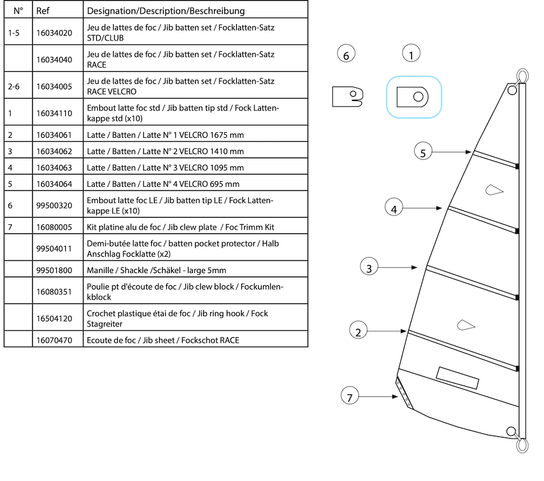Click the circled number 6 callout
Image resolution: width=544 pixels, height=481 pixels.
click(x=346, y=56)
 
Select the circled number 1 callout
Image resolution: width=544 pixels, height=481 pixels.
click(x=411, y=56)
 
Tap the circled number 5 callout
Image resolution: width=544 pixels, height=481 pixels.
click(x=423, y=152)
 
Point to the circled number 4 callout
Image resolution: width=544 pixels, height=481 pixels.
click(x=394, y=209)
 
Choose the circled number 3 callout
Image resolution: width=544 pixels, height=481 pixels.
click(x=369, y=266)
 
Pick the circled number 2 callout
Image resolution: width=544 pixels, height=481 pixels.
click(x=358, y=331)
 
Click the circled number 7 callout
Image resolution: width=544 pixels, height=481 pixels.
click(x=349, y=396)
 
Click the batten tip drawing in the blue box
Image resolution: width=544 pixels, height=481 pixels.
click(x=413, y=97)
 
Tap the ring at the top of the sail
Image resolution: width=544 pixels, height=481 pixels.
click(x=521, y=76)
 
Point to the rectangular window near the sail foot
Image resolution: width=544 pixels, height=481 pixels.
click(x=458, y=378)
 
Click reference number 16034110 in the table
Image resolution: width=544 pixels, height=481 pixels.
click(x=54, y=113)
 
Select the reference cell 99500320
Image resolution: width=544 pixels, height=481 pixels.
click(x=54, y=205)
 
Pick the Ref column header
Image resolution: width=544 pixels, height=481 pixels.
click(x=43, y=11)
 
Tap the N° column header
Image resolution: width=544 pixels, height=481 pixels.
click(x=18, y=11)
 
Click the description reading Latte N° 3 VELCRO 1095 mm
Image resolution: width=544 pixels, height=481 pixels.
click(x=165, y=167)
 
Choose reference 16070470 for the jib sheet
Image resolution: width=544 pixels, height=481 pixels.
click(x=54, y=340)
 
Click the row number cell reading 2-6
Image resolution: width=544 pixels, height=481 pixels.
click(x=15, y=86)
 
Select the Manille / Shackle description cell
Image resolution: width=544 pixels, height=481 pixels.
click(x=156, y=271)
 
